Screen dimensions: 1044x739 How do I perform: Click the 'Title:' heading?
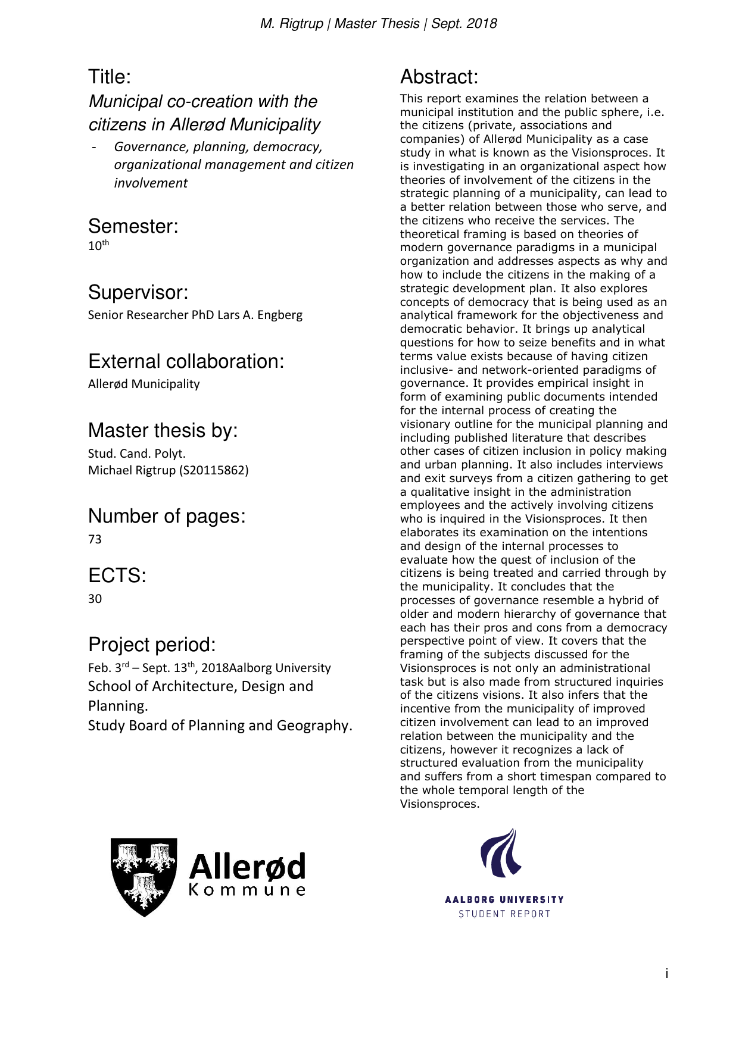tap(110, 77)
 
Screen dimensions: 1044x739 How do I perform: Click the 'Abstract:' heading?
tap(439, 77)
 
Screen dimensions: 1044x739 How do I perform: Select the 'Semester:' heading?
tap(133, 227)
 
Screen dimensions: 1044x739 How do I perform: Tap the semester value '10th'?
tap(98, 245)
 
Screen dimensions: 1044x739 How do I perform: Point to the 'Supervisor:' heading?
tap(138, 293)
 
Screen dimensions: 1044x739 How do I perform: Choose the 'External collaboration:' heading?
tap(186, 362)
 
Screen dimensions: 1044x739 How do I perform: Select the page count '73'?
tap(95, 539)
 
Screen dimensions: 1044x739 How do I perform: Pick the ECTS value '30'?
tap(95, 599)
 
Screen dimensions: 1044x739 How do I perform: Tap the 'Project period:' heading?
tap(152, 645)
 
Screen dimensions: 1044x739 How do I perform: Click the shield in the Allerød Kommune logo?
tap(144, 876)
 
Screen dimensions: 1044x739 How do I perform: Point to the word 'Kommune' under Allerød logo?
tap(247, 890)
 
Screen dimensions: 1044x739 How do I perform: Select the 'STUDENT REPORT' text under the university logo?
tap(504, 914)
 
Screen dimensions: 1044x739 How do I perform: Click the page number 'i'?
tap(667, 974)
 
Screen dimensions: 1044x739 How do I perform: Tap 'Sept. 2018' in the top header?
tap(464, 24)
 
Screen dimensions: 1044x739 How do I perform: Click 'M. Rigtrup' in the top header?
tap(292, 24)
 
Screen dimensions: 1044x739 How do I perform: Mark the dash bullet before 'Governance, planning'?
tap(94, 147)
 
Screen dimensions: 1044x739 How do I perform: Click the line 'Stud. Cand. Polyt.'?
tap(137, 454)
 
